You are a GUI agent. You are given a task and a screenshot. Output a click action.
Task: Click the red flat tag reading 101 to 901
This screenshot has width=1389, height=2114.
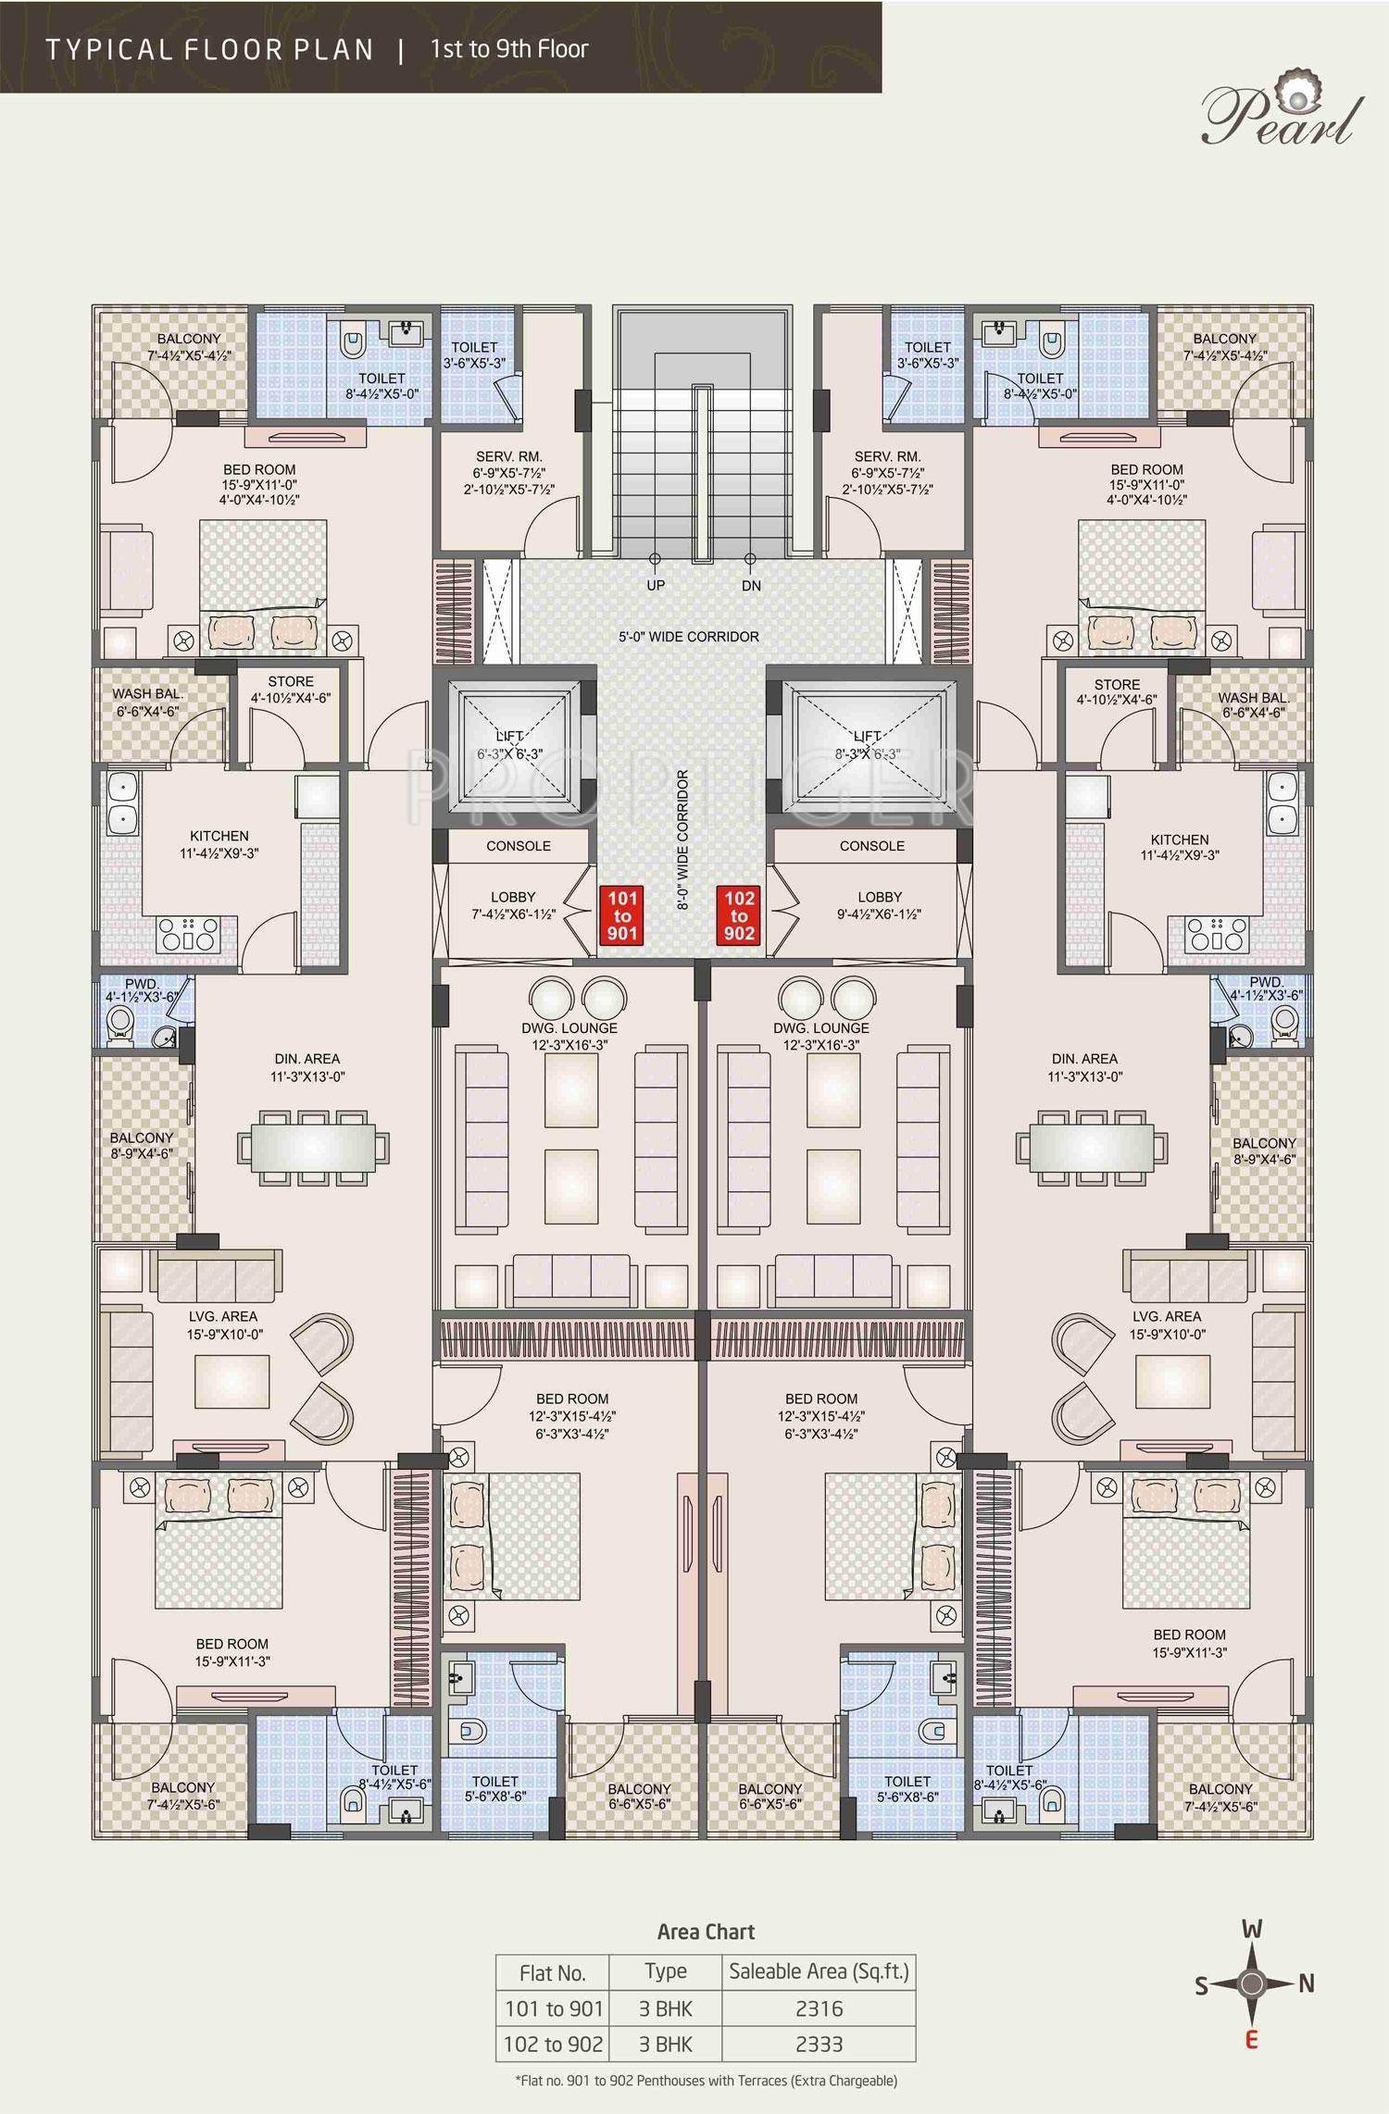coord(622,914)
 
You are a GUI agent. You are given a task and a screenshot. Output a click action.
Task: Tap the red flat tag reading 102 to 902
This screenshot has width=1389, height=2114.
coord(739,914)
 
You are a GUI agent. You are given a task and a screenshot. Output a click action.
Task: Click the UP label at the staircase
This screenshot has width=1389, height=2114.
coord(655,586)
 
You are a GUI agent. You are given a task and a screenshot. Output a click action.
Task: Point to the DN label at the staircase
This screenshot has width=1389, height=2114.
coord(751,586)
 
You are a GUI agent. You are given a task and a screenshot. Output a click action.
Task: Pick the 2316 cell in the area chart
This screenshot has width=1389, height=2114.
coord(819,2008)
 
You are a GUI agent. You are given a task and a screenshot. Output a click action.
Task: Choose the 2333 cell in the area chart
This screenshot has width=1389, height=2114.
coord(819,2044)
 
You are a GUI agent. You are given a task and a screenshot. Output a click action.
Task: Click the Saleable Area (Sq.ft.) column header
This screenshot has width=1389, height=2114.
coord(819,1971)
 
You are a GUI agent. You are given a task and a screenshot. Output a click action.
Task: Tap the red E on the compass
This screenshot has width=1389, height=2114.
coord(1252,2038)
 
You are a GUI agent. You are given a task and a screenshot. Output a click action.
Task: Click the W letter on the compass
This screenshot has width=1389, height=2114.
coord(1252,1930)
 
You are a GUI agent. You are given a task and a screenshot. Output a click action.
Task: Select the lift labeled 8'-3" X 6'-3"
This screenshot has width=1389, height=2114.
coord(868,745)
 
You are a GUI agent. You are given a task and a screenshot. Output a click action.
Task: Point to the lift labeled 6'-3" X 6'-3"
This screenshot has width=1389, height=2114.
coord(510,745)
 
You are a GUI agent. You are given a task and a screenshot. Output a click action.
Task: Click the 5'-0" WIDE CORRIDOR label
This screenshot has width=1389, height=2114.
coord(689,637)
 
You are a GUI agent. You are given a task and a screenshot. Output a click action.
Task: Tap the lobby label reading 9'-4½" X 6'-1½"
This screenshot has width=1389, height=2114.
coord(879,905)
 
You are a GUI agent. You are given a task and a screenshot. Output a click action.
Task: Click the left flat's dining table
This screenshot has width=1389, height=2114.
coord(313,1147)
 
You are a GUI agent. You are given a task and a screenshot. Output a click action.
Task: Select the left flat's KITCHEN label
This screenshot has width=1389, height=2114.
coord(219,836)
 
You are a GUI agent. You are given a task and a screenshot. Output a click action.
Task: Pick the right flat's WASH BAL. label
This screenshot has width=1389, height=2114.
coord(1251,698)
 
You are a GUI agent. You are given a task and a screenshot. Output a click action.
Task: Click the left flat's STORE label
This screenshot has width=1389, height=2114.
coord(291,681)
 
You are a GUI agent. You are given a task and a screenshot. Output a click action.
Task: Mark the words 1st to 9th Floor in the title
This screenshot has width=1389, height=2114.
coord(509,49)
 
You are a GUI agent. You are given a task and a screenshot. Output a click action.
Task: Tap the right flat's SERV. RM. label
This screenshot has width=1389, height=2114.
coord(887,456)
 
